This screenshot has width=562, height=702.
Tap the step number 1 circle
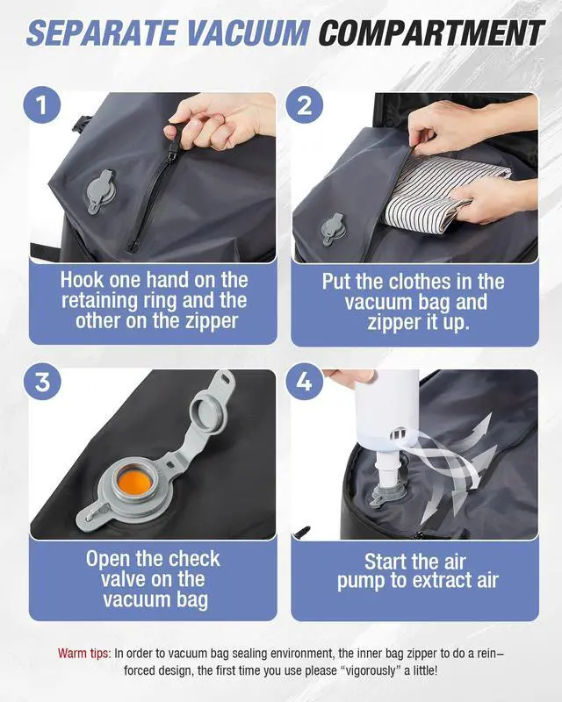(x=42, y=105)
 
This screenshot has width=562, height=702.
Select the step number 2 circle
(x=305, y=105)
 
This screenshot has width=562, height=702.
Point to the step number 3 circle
(x=42, y=382)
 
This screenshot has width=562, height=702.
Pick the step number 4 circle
(x=305, y=382)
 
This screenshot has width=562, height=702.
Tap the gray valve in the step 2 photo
(x=334, y=230)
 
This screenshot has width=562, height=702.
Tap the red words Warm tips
(x=83, y=653)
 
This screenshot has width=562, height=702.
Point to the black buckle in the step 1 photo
(x=81, y=123)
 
